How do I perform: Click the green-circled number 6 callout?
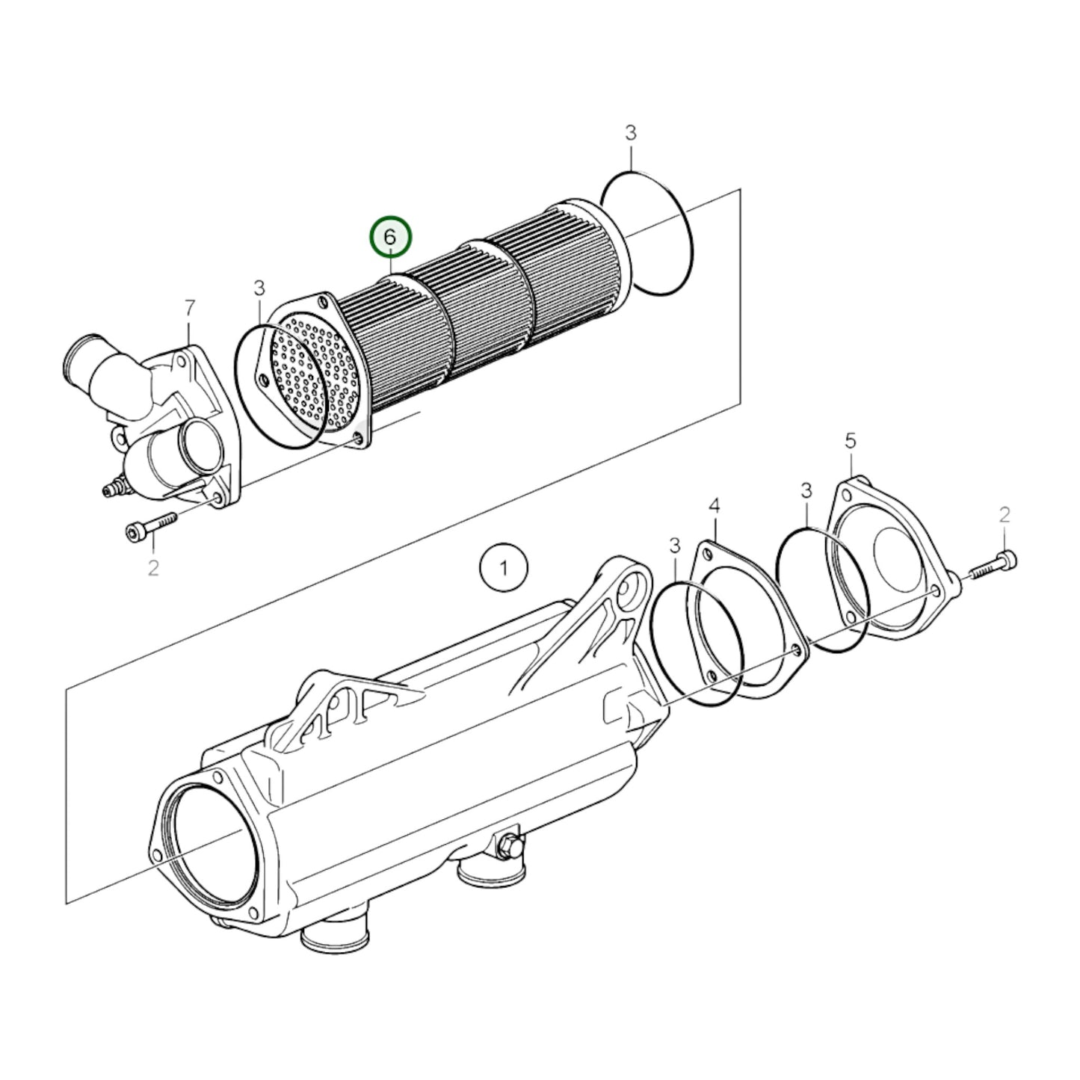389,237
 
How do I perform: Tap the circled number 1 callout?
504,569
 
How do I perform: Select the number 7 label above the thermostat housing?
190,307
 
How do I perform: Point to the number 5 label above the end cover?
851,442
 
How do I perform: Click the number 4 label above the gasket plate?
714,507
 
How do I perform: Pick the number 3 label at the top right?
631,133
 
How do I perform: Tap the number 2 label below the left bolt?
153,568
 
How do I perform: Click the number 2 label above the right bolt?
1005,514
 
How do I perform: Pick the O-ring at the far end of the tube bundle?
647,235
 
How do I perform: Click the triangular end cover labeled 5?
889,559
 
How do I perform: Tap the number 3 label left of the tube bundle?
259,288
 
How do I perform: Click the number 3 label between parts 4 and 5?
806,491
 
